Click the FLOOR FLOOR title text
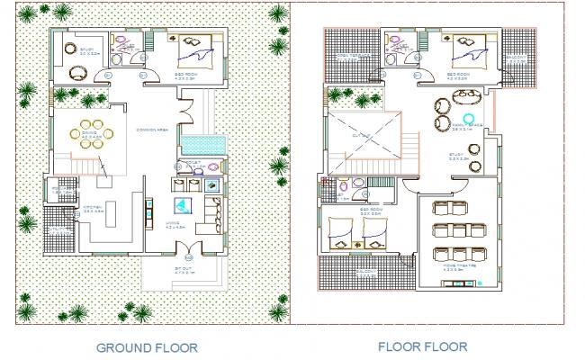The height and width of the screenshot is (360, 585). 423,346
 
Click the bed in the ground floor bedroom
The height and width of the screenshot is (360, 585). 194,51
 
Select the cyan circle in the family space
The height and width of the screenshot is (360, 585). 469,118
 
